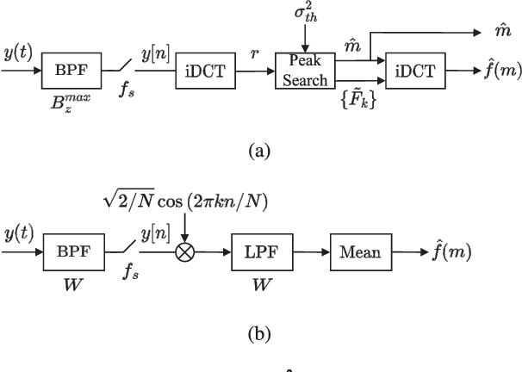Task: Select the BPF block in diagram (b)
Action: (x=67, y=253)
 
